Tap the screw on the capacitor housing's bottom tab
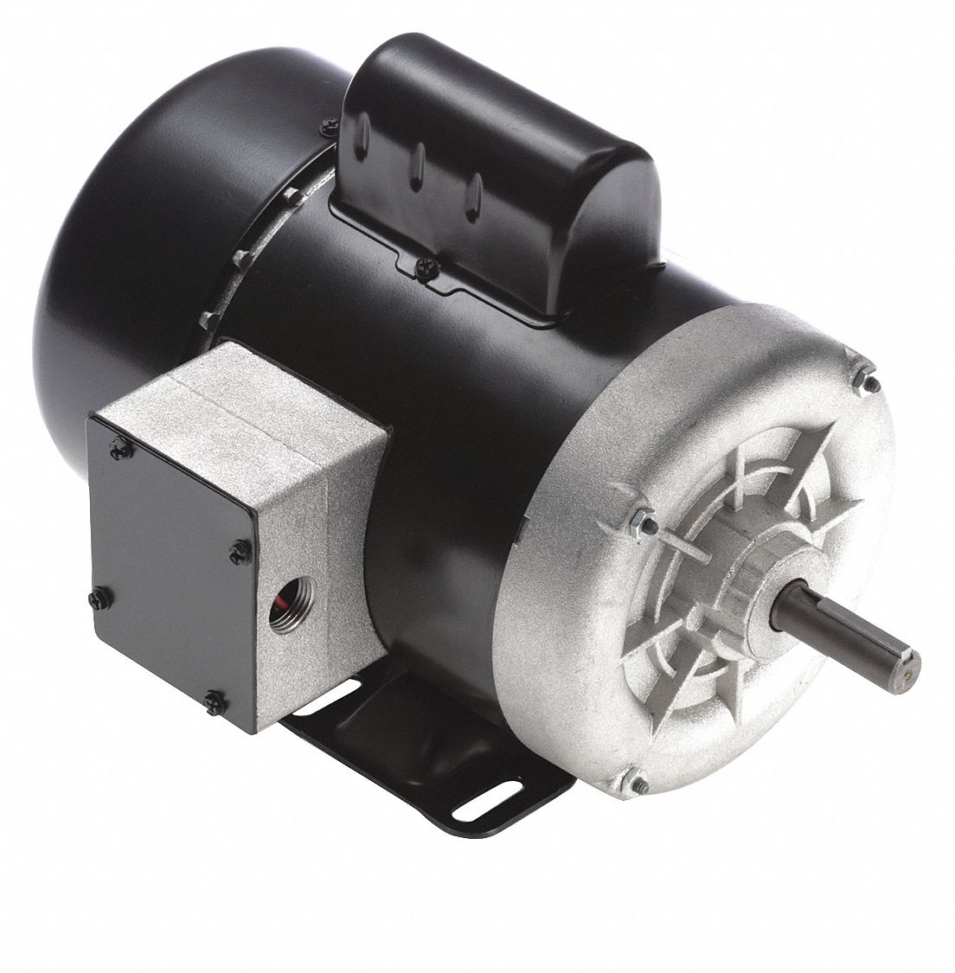420,258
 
